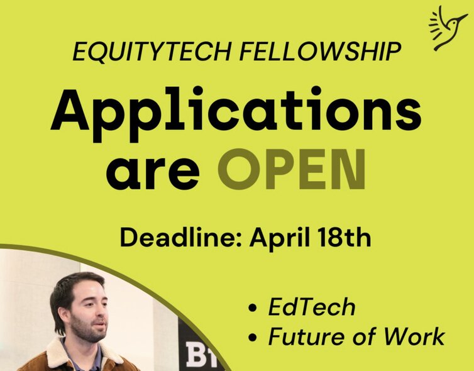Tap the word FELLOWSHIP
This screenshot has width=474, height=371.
click(320, 52)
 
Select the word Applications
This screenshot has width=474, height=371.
click(236, 114)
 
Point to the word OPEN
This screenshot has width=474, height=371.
click(292, 169)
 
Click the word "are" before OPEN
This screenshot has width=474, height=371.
click(153, 174)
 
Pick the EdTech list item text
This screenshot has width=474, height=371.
click(312, 307)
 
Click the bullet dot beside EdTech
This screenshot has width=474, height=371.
click(252, 308)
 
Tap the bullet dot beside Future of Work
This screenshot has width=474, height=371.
click(252, 337)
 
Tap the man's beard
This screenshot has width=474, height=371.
click(86, 330)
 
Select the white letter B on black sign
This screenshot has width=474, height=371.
click(194, 354)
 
